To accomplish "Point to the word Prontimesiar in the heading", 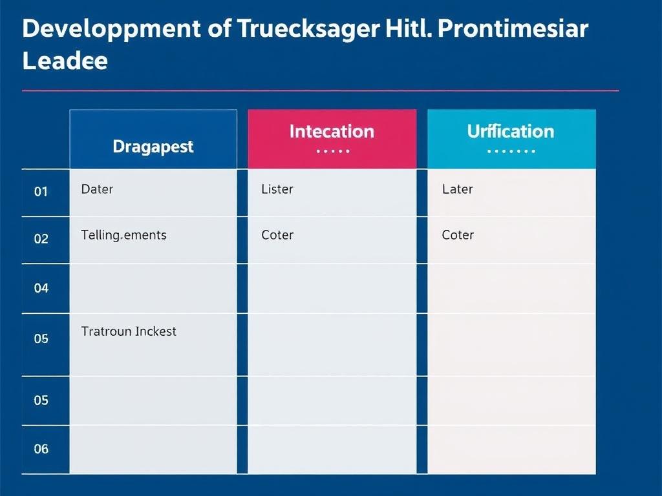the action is [513, 28].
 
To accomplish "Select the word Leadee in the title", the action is [65, 61].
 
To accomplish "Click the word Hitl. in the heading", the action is [409, 28].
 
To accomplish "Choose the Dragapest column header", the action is [153, 139].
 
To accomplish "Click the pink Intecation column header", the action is [332, 139].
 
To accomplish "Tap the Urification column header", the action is [511, 139].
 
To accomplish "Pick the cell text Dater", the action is [97, 189].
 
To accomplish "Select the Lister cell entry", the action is [277, 189].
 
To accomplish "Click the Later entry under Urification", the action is [457, 189].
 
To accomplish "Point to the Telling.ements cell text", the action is [123, 235].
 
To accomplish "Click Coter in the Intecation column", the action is [277, 235].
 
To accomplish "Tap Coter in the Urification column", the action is [458, 235].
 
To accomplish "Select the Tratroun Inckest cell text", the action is [129, 331].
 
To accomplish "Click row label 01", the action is [41, 192].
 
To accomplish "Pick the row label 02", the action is [41, 239].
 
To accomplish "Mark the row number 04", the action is [41, 289].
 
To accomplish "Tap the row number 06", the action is [41, 449].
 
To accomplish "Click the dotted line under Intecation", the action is [333, 151].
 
